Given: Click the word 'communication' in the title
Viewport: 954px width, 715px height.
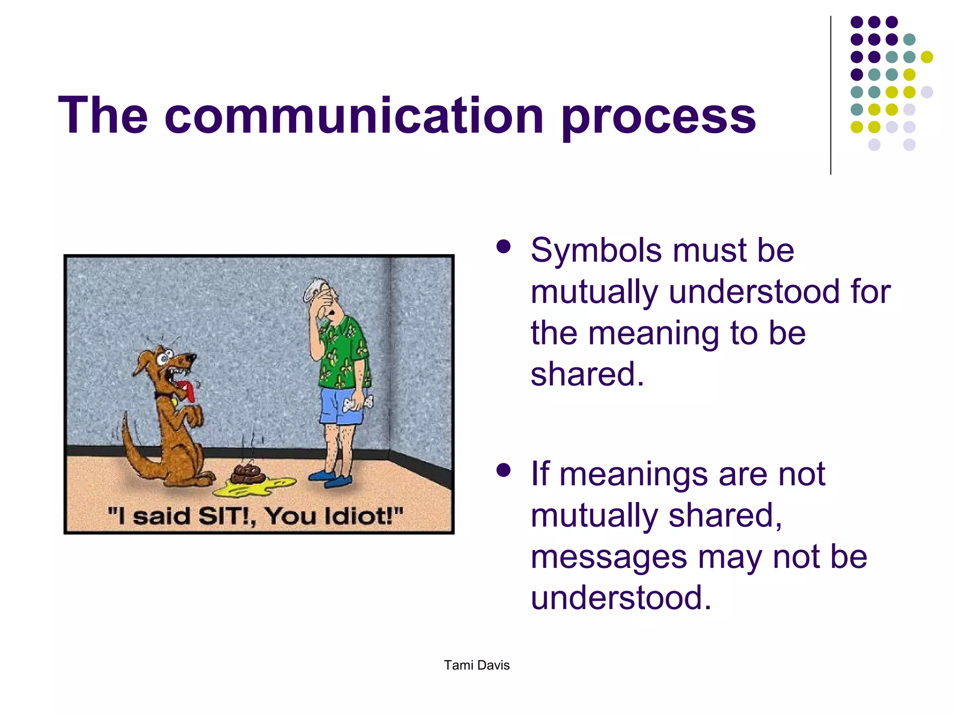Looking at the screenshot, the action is [354, 115].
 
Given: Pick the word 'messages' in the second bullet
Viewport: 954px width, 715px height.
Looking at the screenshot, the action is [609, 558].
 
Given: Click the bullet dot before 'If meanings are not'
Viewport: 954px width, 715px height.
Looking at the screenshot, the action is [504, 470].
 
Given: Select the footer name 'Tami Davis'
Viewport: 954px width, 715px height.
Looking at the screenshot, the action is [477, 665].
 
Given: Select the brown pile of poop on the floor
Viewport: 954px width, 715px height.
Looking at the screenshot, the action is [248, 472].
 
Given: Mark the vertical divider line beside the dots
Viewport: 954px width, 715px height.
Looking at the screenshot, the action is [831, 95].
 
